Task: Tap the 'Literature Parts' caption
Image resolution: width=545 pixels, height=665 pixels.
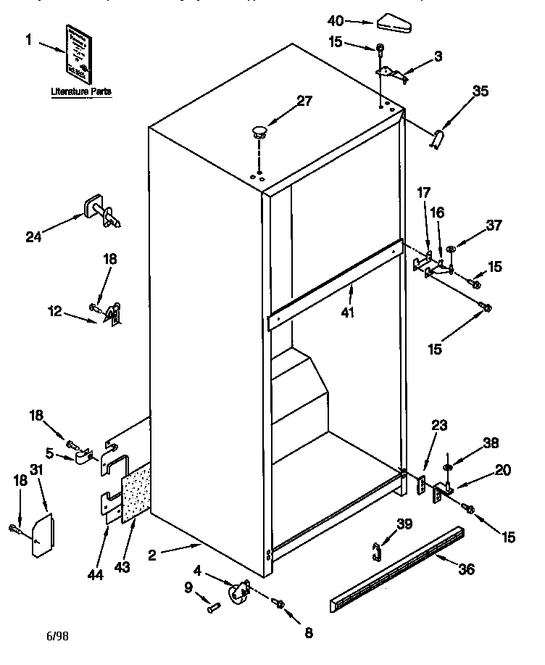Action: pyautogui.click(x=80, y=92)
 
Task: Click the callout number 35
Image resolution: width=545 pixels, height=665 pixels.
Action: pyautogui.click(x=480, y=91)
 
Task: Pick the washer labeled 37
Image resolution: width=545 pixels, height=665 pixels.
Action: pyautogui.click(x=451, y=249)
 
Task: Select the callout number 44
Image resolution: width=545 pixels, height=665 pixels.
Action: pyautogui.click(x=94, y=574)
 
